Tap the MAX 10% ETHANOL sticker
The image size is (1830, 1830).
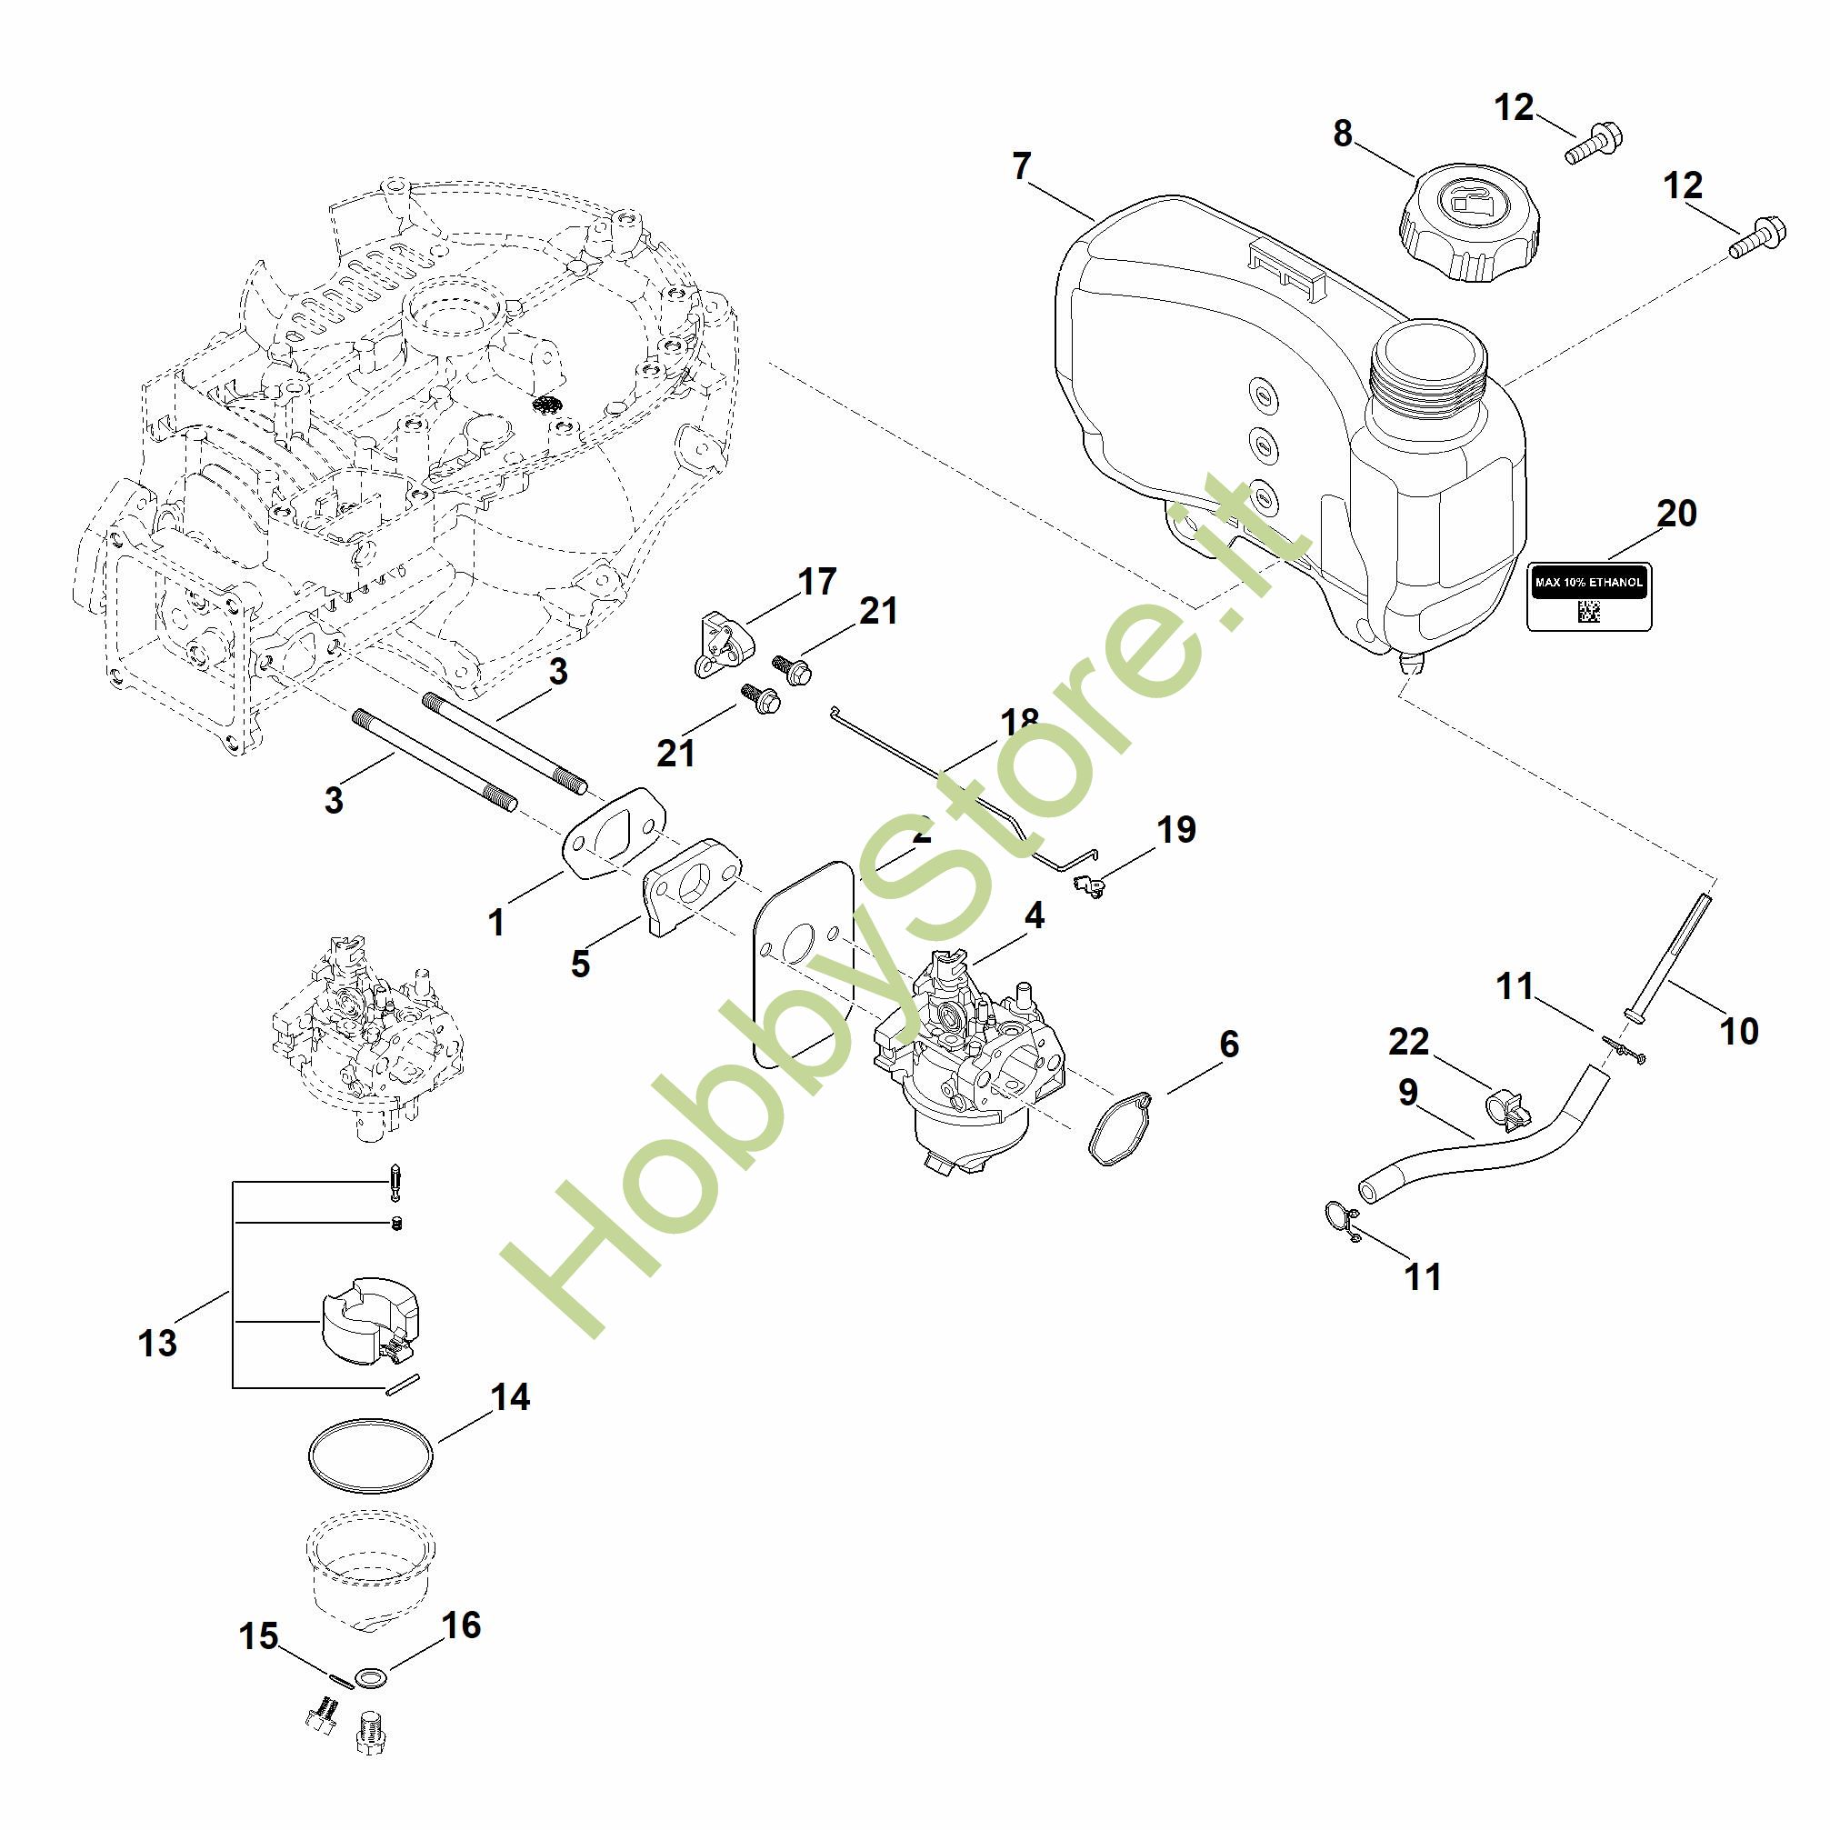1588,595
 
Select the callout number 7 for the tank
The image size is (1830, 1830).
1020,166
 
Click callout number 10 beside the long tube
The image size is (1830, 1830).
1738,1031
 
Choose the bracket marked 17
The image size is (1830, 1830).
724,640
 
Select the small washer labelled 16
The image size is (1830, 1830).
366,1678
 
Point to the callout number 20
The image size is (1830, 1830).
1676,514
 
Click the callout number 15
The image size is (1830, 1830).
258,1635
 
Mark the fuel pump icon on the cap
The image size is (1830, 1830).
1469,203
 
